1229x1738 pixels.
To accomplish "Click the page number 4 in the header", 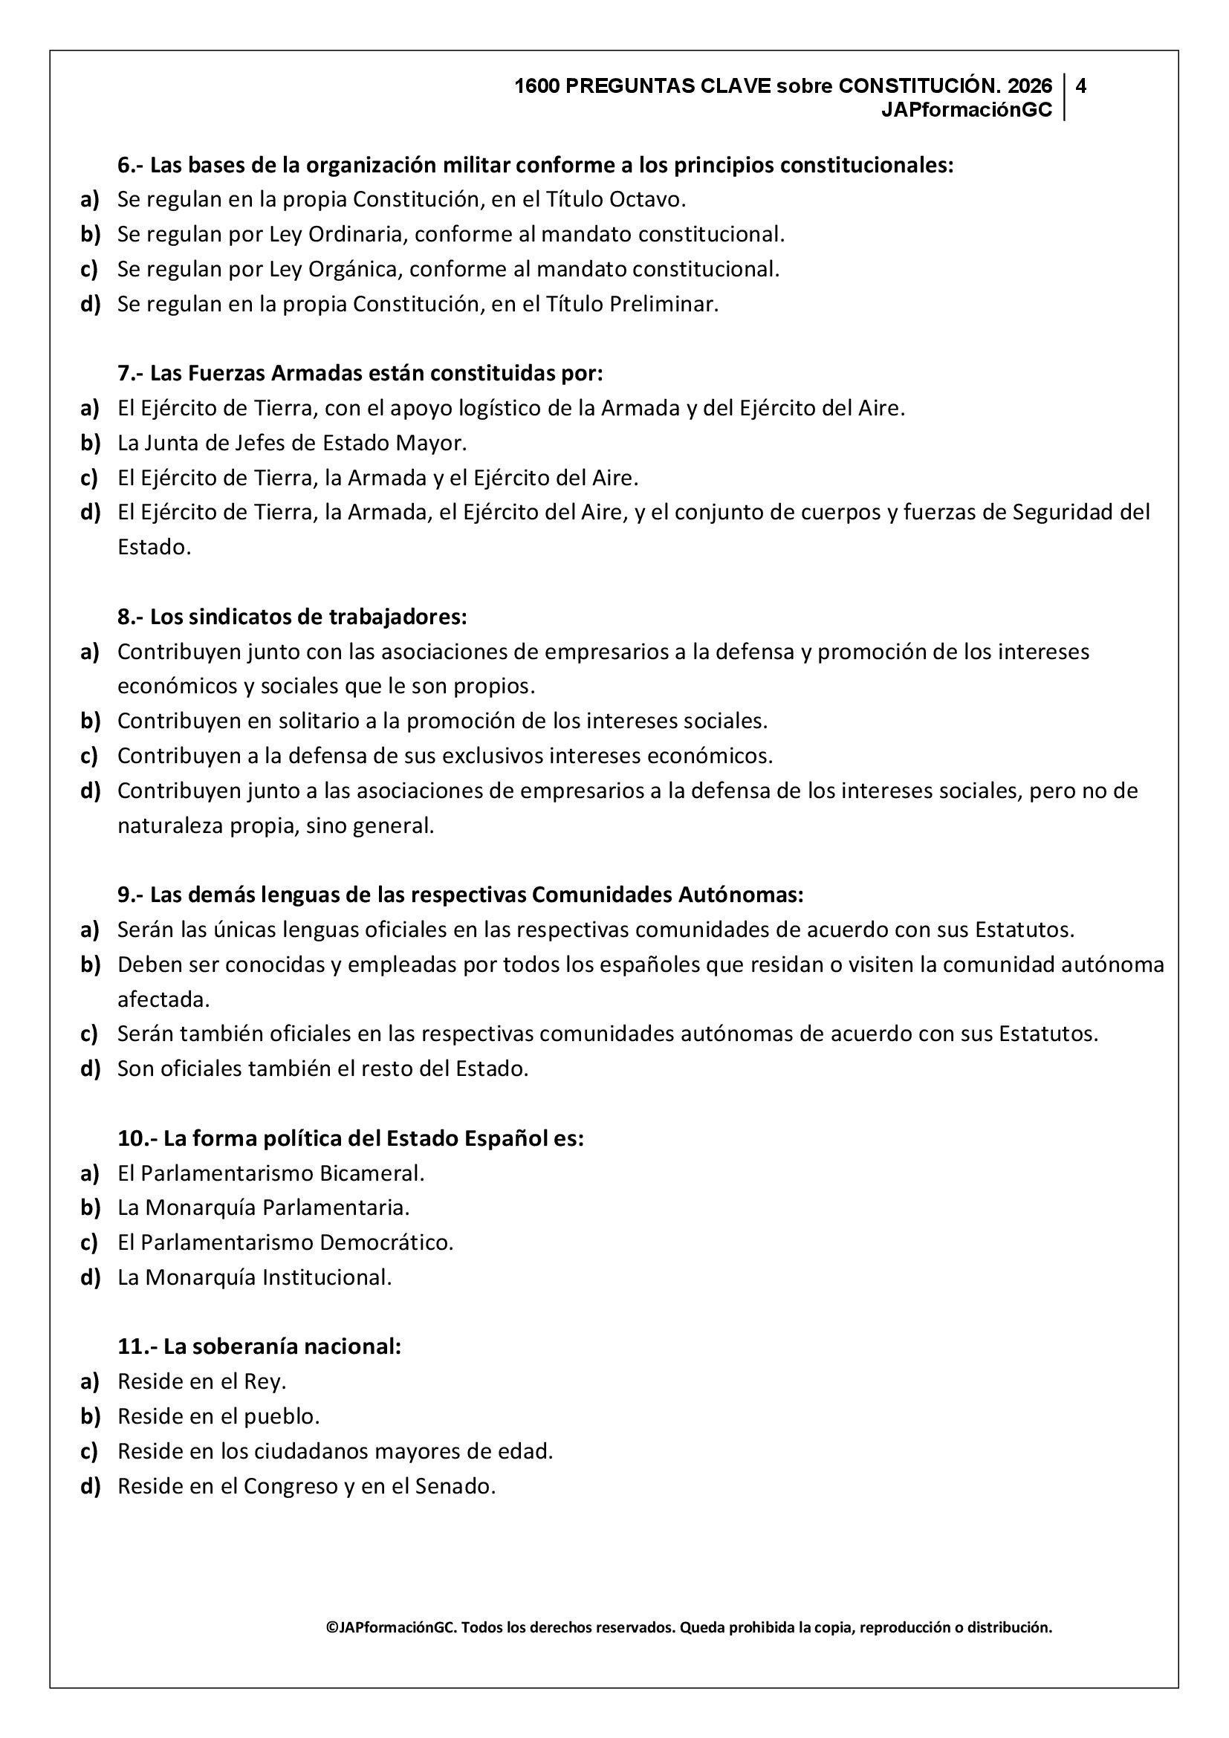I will [1080, 85].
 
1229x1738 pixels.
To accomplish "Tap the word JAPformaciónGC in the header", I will [967, 110].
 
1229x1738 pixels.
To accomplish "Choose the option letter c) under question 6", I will [89, 269].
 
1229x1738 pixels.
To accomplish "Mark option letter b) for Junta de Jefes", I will [90, 443].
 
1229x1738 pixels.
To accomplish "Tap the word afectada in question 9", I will [163, 999].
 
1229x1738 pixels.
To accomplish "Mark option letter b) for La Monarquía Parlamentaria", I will [90, 1207].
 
